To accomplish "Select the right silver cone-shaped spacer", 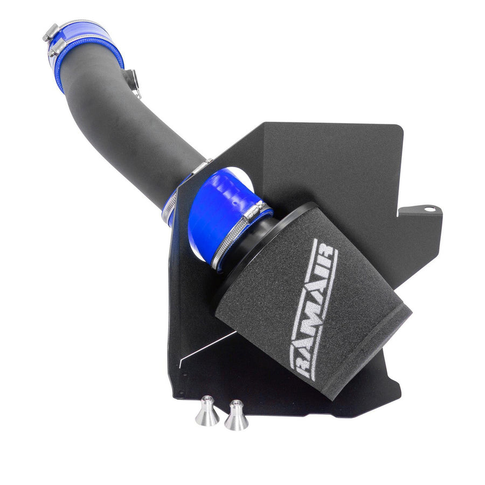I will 236,415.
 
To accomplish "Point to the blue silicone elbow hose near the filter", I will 226,210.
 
